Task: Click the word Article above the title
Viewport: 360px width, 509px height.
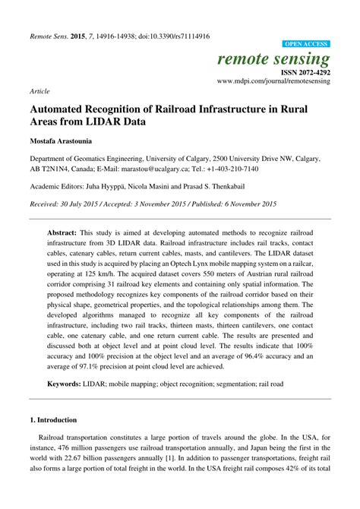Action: pos(39,90)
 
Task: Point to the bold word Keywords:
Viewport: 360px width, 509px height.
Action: pos(67,385)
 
